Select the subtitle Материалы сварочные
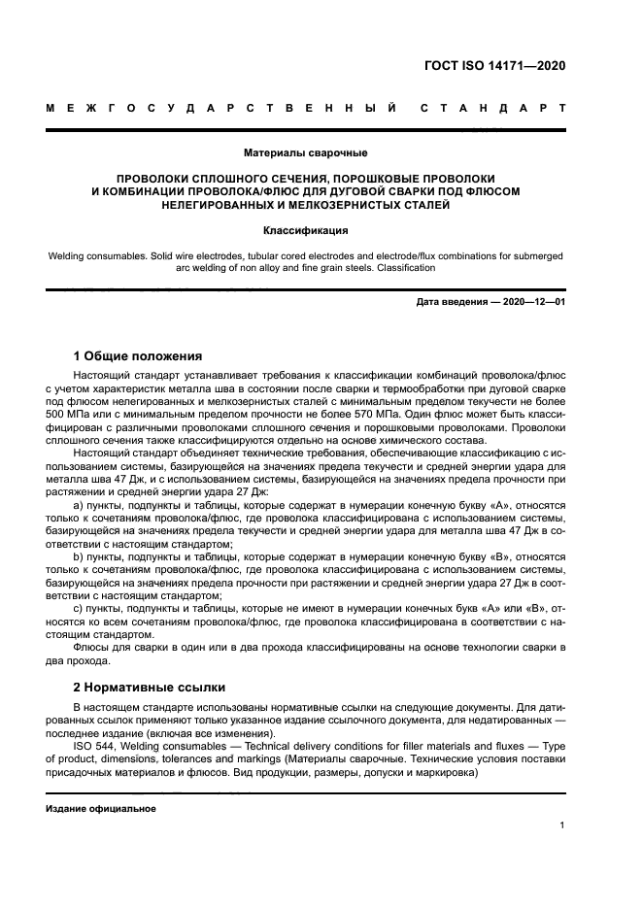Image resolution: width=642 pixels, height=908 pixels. coord(305,152)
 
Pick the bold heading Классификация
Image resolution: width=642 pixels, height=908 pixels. coord(305,231)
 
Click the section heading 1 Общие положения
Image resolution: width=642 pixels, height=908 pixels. coord(137,355)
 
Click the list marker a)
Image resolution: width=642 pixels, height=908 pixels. coord(81,505)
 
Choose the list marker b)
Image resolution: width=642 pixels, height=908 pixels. coord(81,557)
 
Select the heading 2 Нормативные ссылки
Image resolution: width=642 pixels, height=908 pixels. coord(149,686)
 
